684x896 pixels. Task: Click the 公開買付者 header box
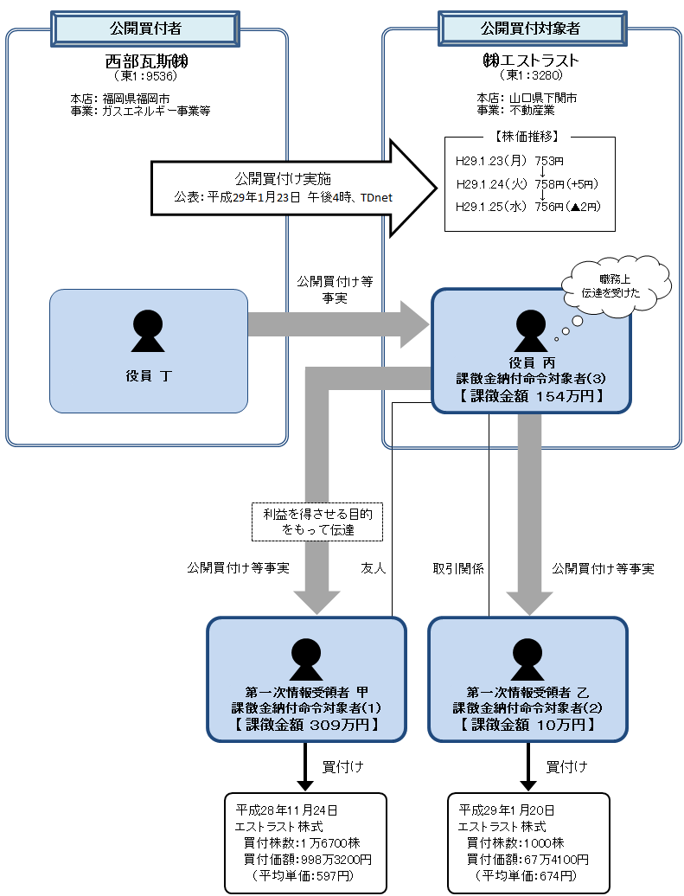click(146, 28)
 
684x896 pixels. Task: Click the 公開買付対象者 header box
click(530, 28)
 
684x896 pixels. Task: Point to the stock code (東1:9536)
click(146, 76)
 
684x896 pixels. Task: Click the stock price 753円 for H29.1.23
click(549, 161)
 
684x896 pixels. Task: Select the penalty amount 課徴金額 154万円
click(531, 395)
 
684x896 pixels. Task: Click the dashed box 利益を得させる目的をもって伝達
click(316, 521)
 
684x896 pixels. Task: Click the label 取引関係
click(458, 569)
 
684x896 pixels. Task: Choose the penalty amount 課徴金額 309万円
click(306, 725)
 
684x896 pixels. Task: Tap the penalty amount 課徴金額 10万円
click(527, 725)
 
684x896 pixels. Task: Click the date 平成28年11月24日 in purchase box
click(286, 810)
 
